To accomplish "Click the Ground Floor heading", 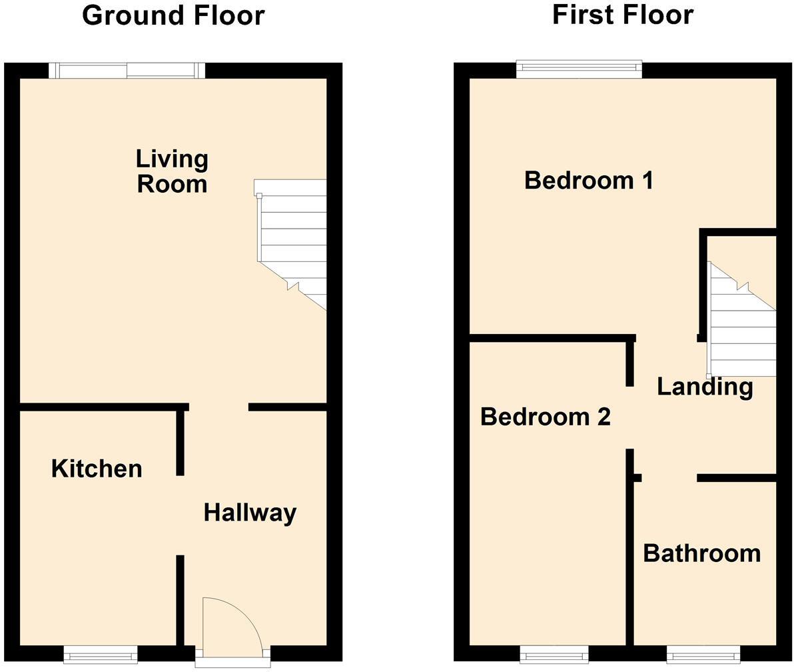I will [x=173, y=15].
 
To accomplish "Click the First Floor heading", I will [x=623, y=14].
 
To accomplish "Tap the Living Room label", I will [x=172, y=171].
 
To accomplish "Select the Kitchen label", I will [x=97, y=469].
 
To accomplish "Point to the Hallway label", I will [x=250, y=513].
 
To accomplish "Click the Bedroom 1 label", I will [x=588, y=180].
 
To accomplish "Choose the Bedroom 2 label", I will [x=545, y=417].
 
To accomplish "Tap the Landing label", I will [x=705, y=387].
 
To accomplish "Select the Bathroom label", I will [x=701, y=553].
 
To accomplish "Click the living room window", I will [x=127, y=70].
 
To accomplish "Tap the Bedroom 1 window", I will [x=579, y=69].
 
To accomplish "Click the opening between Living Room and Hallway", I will [x=218, y=407].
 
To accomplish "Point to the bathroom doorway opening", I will [x=669, y=477].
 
